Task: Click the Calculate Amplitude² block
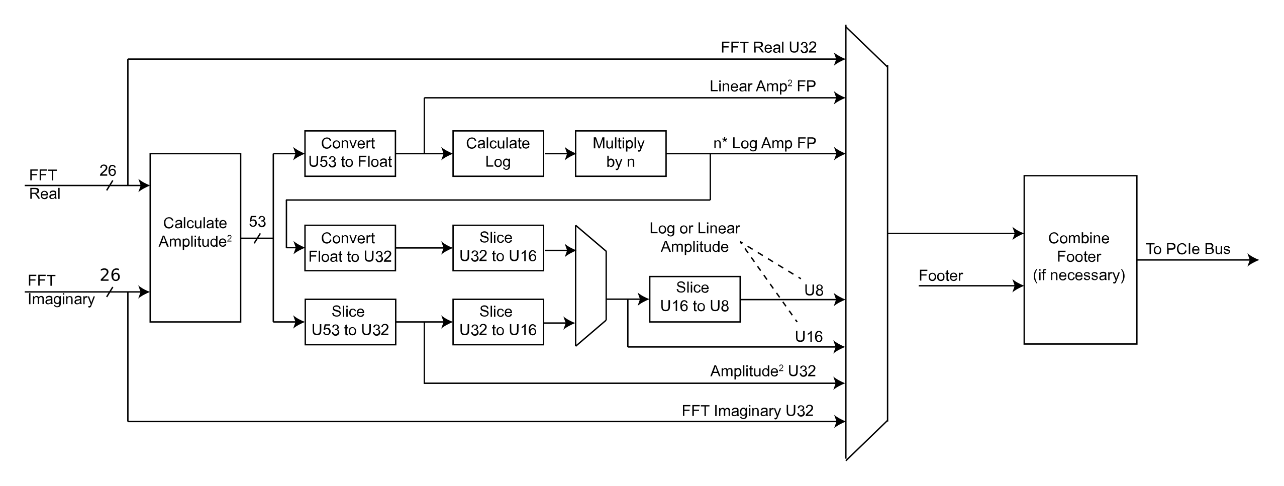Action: pos(195,237)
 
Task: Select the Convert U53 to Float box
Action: pos(350,153)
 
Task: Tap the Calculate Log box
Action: pos(498,153)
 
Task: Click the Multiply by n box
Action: pos(620,153)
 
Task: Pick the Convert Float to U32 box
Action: pos(350,248)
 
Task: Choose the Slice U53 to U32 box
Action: pos(350,322)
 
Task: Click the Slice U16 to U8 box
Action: pos(694,299)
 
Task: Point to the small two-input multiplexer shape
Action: pos(590,285)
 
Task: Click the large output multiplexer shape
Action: pos(866,242)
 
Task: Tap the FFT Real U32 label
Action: pos(768,48)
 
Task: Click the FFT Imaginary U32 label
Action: pos(747,411)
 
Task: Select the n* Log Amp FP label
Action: pos(764,144)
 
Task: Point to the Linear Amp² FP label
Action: pos(762,86)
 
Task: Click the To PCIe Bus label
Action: pos(1188,249)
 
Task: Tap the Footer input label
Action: pos(940,276)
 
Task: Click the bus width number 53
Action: pos(257,222)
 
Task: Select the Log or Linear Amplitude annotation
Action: pos(695,237)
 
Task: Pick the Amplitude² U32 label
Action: pos(762,371)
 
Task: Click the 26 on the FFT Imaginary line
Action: pos(110,275)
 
